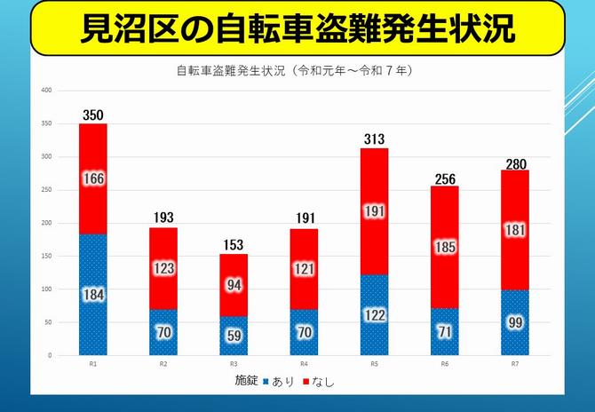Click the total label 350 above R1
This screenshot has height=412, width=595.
[x=93, y=115]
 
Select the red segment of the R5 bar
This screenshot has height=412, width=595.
[x=374, y=211]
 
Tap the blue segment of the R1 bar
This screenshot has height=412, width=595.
[x=93, y=295]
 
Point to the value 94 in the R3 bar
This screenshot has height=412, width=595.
[x=234, y=285]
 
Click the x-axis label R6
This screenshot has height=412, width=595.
[x=444, y=364]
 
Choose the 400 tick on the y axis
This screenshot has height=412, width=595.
[x=47, y=91]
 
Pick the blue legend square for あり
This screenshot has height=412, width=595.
[x=266, y=382]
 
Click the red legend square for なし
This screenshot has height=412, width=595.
[x=305, y=382]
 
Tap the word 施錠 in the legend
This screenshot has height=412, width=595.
[x=247, y=381]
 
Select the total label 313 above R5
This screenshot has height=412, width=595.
[x=374, y=139]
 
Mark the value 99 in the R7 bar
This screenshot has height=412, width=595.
[x=515, y=323]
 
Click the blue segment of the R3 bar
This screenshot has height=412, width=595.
[x=234, y=336]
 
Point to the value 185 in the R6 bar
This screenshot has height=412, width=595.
[x=445, y=248]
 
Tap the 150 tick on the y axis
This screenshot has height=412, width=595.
[x=47, y=256]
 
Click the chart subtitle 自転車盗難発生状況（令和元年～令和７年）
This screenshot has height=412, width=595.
[x=295, y=70]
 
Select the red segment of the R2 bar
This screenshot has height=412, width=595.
[x=163, y=268]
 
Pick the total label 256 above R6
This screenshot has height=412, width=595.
[x=445, y=179]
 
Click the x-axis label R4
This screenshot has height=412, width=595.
[x=304, y=364]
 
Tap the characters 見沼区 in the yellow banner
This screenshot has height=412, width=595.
[x=130, y=28]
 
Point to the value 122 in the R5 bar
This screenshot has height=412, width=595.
[x=374, y=315]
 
